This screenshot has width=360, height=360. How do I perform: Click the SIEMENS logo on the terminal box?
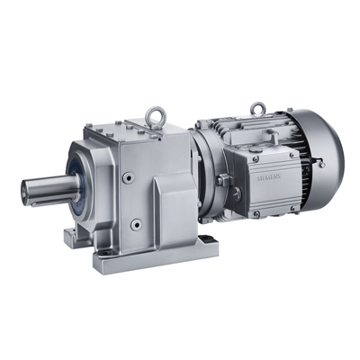[268, 177]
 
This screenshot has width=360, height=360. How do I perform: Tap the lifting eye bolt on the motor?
[256, 108]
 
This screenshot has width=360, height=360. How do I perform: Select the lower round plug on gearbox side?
[136, 223]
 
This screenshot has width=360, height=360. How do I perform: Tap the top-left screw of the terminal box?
[255, 159]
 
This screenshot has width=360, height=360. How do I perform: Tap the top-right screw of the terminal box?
[292, 155]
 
